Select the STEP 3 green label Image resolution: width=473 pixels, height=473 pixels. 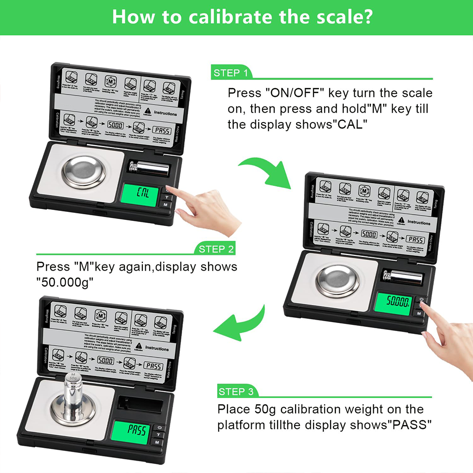pos(236,392)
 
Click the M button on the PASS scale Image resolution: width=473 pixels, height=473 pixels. pos(158,442)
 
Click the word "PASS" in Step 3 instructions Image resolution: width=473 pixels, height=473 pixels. pos(407,424)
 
